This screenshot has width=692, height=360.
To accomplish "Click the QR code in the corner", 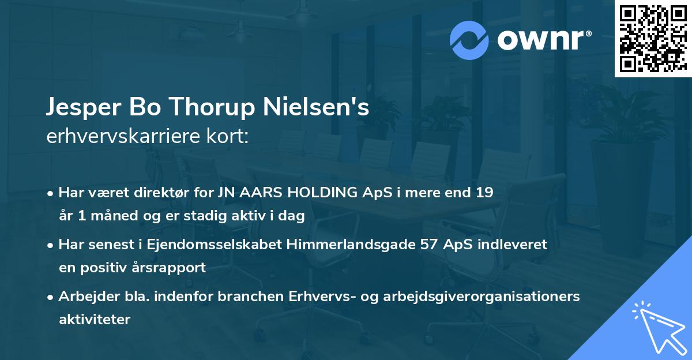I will (x=653, y=38).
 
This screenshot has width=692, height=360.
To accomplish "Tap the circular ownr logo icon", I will (x=468, y=40).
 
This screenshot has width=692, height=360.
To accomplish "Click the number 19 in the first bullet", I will (x=484, y=193).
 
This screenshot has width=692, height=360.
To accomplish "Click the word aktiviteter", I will (x=95, y=320).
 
